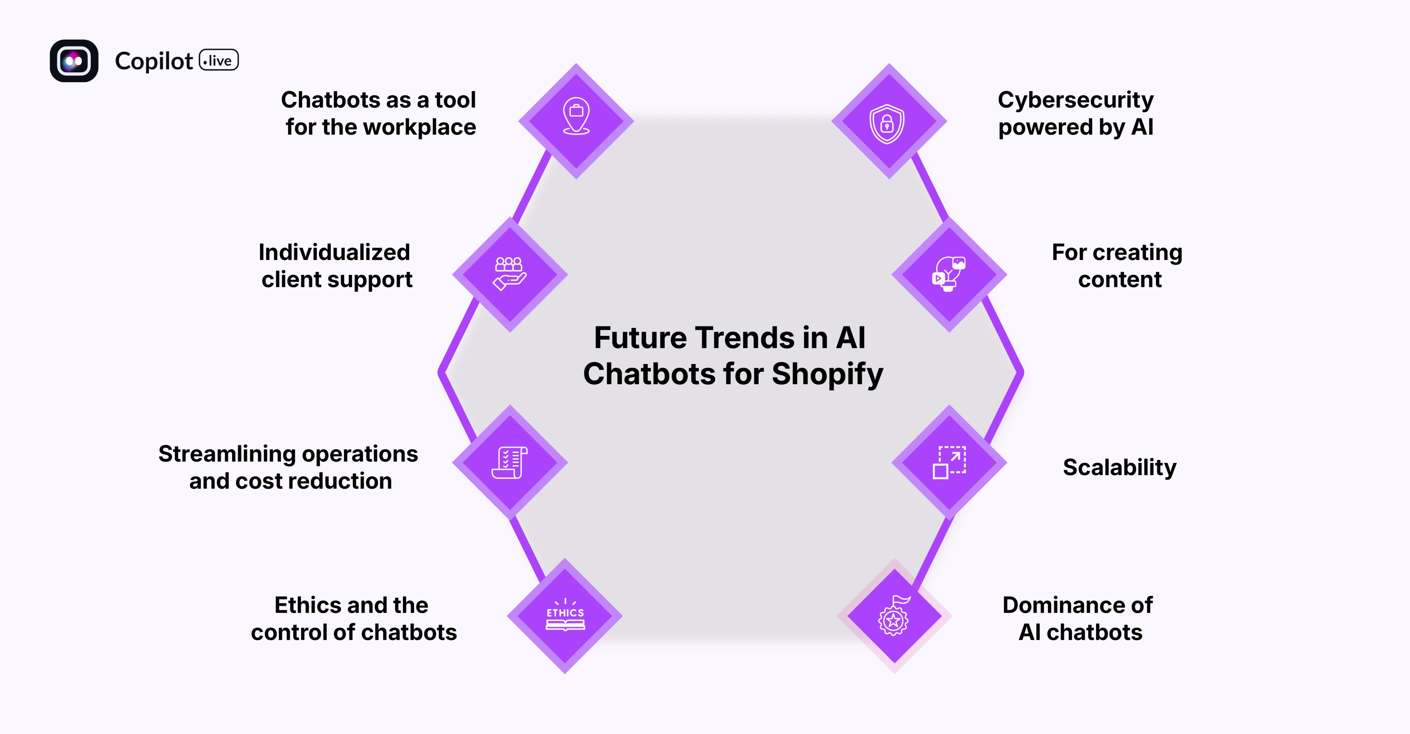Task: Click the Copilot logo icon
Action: click(x=74, y=61)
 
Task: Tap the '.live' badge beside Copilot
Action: click(x=218, y=60)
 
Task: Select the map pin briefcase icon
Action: click(x=576, y=116)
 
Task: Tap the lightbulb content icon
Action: click(x=948, y=273)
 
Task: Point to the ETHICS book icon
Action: click(x=565, y=616)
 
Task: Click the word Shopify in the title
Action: click(x=827, y=375)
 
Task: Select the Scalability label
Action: click(x=1119, y=467)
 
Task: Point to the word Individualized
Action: click(x=334, y=253)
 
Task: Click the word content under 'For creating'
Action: click(x=1119, y=280)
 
